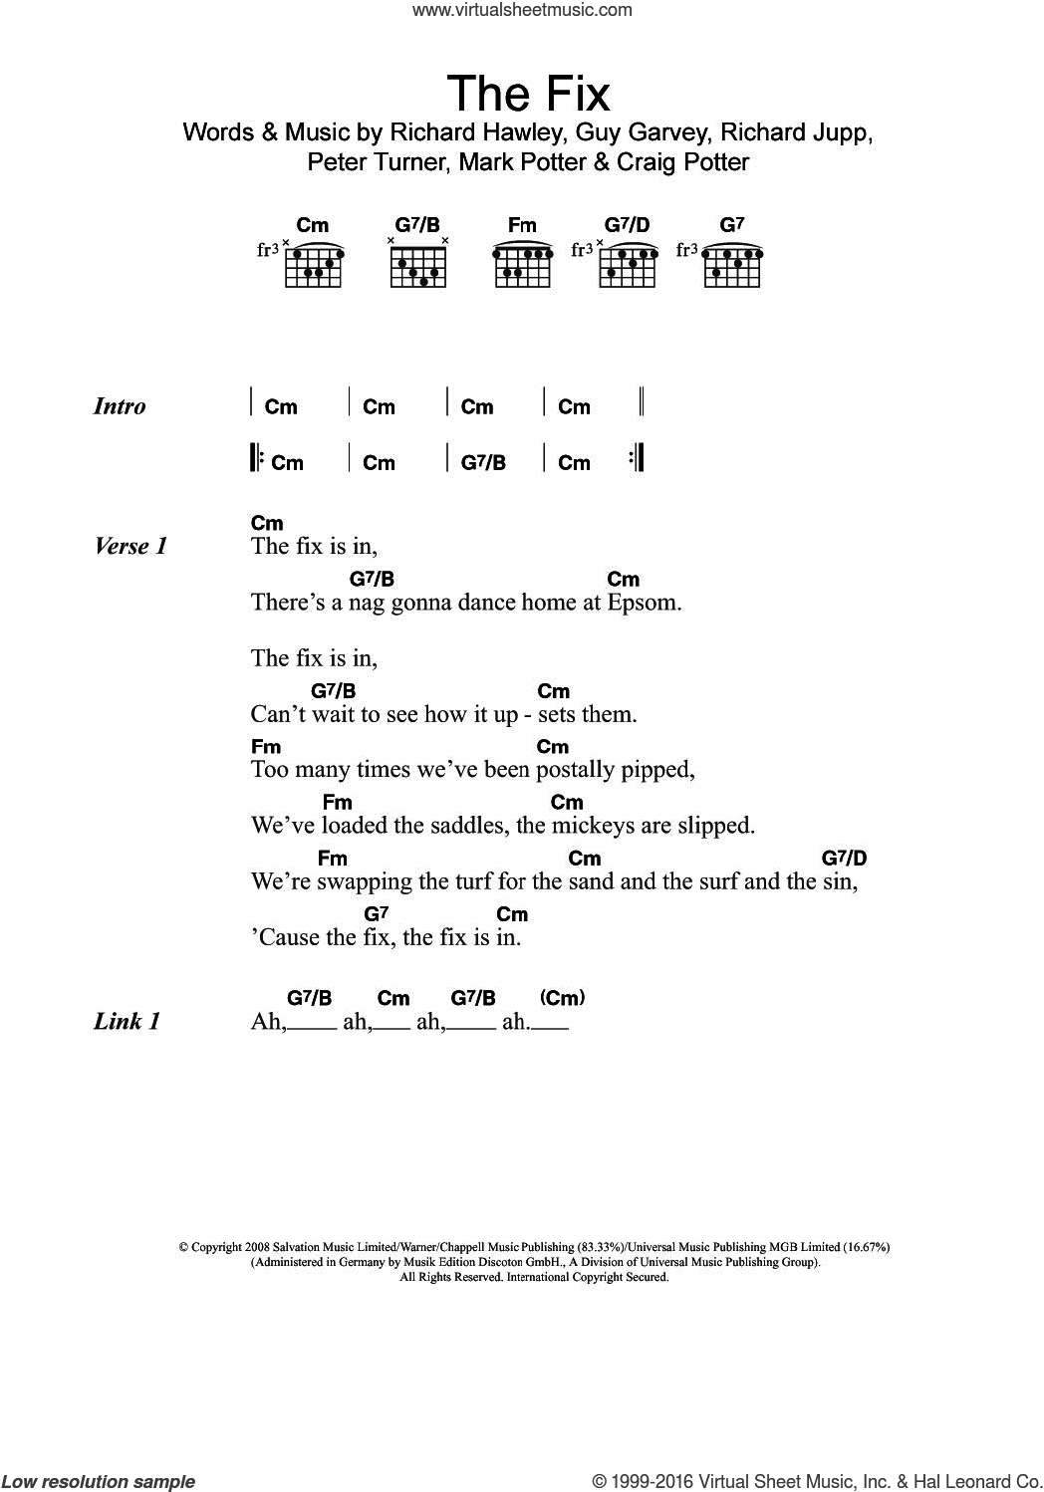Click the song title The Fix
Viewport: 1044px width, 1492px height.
527,94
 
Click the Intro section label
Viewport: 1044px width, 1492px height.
120,406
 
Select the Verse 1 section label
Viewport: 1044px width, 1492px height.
130,546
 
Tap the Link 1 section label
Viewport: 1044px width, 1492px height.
127,1021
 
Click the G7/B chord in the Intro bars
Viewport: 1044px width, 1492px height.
483,463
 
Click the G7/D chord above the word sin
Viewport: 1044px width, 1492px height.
844,858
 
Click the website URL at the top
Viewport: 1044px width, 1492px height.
522,10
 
